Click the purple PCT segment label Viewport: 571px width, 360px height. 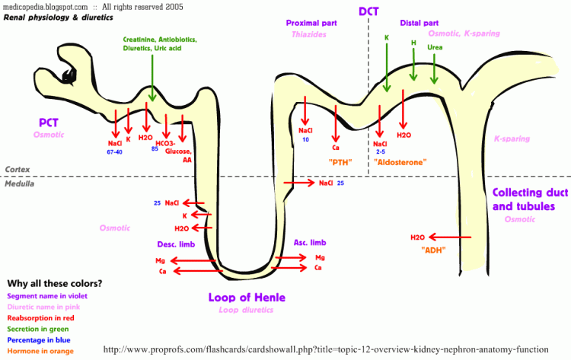(x=49, y=123)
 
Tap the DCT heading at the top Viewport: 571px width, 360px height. (x=368, y=11)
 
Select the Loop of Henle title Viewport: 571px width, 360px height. (x=247, y=298)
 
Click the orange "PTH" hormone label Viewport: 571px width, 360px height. (x=340, y=162)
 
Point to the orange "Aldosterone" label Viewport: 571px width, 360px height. (x=400, y=162)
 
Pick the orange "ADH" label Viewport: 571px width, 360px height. (x=433, y=250)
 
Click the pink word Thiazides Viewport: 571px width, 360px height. (x=309, y=34)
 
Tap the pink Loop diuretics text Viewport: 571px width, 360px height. (x=246, y=310)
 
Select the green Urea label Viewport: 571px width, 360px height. (x=435, y=47)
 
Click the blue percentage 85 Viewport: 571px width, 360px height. (x=155, y=149)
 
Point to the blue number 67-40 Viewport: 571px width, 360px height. (x=115, y=152)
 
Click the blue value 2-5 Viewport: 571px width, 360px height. (x=381, y=151)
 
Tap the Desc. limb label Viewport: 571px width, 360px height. (x=176, y=244)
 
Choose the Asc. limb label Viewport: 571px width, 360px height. (x=310, y=243)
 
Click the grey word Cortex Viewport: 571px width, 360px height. (x=18, y=170)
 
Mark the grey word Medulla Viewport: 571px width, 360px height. (x=19, y=184)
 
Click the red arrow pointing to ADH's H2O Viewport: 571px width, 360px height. (x=450, y=237)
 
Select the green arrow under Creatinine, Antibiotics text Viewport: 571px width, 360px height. (x=152, y=78)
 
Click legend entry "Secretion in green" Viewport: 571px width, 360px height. (x=38, y=329)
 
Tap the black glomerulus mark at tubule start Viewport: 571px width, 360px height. (x=69, y=76)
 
